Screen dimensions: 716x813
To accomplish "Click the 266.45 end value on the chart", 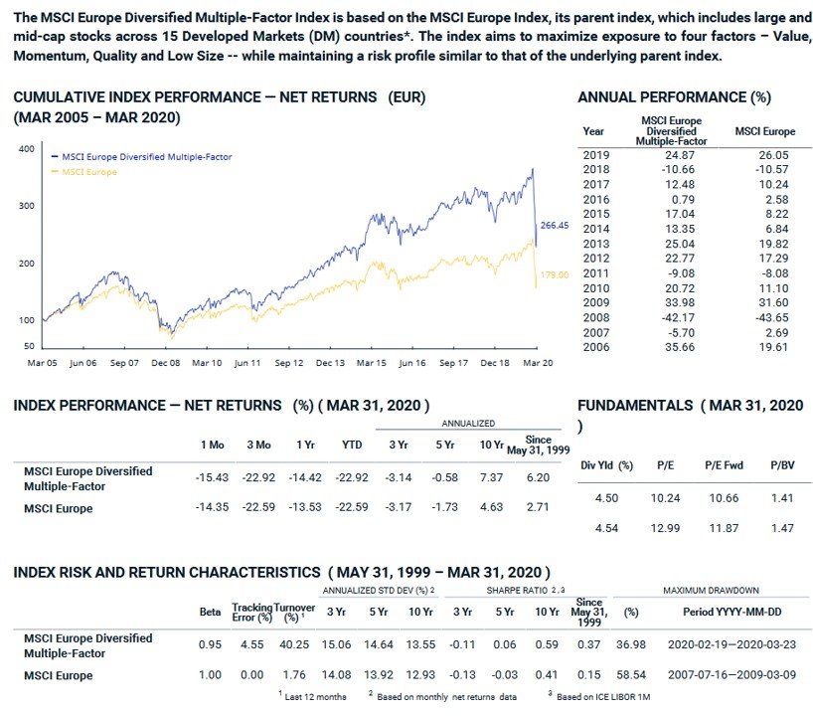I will click(x=554, y=226).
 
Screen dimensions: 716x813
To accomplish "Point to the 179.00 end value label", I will click(x=554, y=273).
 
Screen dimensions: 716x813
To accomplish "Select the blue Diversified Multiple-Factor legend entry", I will click(x=145, y=157).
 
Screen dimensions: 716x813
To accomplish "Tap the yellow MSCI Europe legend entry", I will click(x=89, y=172).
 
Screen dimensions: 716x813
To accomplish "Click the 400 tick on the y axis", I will click(x=28, y=149).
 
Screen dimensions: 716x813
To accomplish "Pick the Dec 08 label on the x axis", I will click(x=165, y=364).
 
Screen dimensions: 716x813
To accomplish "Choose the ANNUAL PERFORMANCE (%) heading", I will click(x=674, y=96).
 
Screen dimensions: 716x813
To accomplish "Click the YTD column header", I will click(x=350, y=444).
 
